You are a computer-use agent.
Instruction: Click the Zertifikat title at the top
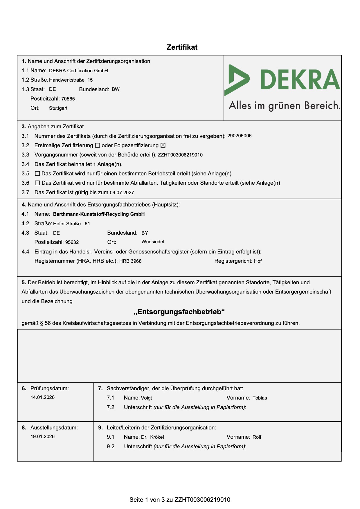click(x=182, y=47)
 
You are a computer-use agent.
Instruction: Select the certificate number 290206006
click(x=239, y=136)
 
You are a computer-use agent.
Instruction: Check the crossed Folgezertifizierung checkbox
click(x=163, y=145)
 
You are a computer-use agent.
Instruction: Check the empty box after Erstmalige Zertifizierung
click(x=98, y=145)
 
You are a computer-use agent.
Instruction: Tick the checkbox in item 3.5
click(x=37, y=174)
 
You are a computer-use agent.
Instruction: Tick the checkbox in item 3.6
click(x=37, y=183)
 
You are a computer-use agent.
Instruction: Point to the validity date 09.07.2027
click(x=122, y=193)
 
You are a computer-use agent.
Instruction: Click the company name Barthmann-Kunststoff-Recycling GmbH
click(x=99, y=214)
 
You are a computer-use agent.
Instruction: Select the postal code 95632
click(x=72, y=242)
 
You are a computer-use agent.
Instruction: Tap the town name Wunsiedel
click(x=153, y=242)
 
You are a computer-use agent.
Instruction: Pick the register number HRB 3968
click(x=130, y=261)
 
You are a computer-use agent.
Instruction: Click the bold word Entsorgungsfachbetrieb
click(x=179, y=312)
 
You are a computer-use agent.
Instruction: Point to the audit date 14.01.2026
click(x=43, y=397)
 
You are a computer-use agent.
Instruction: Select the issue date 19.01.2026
click(x=43, y=436)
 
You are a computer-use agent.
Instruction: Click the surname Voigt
click(x=146, y=398)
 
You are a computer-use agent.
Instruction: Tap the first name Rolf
click(x=257, y=437)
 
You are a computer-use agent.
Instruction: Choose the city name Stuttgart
click(x=58, y=108)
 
